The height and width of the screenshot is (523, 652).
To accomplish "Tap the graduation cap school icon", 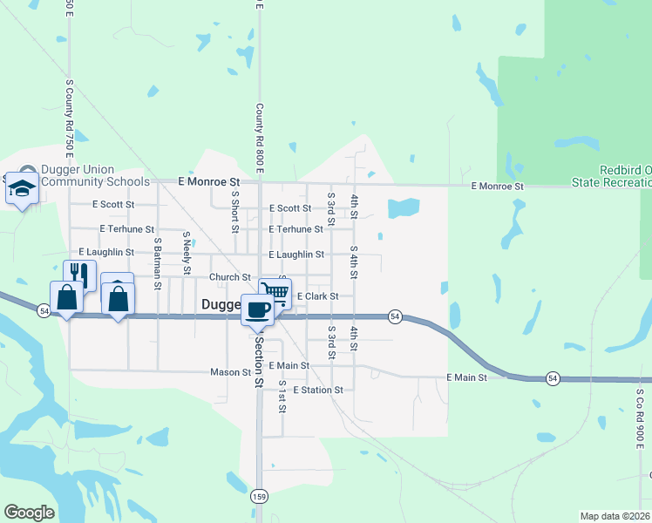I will click(22, 188).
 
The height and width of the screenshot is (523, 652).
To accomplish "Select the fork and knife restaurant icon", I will click(79, 274).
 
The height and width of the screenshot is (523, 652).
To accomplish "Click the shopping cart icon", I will click(275, 292).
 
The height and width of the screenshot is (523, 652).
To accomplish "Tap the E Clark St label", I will click(317, 296).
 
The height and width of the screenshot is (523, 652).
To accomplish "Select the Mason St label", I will click(231, 371).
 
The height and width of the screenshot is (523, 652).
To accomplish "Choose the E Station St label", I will click(318, 390).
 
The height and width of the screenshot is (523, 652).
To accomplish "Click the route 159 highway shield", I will click(259, 496).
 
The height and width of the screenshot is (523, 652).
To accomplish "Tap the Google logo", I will click(29, 513).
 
